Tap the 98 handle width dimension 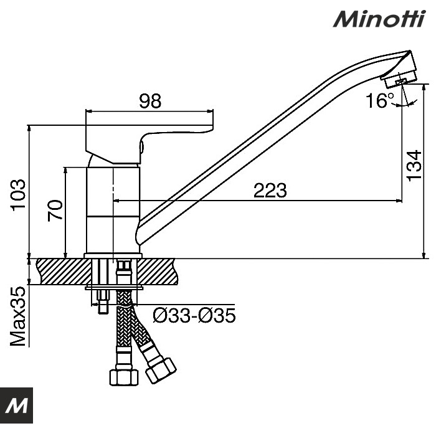click(150, 101)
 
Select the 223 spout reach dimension click(270, 191)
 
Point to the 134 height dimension click(414, 166)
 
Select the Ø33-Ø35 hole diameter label click(194, 316)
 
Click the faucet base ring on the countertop click(112, 255)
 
